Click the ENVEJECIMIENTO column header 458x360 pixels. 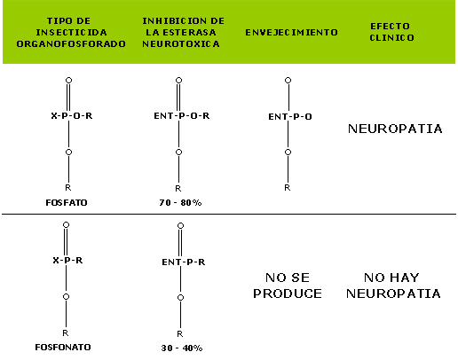[x=291, y=32]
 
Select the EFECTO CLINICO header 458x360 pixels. [x=391, y=32]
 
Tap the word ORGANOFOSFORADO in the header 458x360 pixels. [x=71, y=43]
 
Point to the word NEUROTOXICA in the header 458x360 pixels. [x=181, y=43]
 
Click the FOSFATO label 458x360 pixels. [x=67, y=203]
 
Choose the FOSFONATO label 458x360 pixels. [x=63, y=347]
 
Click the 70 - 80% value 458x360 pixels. [x=180, y=203]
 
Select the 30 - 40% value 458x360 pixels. [x=182, y=348]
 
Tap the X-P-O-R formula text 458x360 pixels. [x=72, y=115]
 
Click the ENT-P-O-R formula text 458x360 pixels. [x=182, y=115]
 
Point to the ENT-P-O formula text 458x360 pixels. [x=290, y=117]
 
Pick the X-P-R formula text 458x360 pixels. [x=67, y=260]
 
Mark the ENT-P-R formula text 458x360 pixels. [x=184, y=262]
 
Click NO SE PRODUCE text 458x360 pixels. [x=288, y=286]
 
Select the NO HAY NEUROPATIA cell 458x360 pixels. [x=393, y=286]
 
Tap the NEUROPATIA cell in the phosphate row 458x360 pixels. [x=395, y=129]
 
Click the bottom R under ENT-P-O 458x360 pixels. [x=287, y=187]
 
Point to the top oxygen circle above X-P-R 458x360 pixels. [x=66, y=225]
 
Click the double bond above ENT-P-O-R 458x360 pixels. [x=178, y=98]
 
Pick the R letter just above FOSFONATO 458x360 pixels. [x=66, y=333]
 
